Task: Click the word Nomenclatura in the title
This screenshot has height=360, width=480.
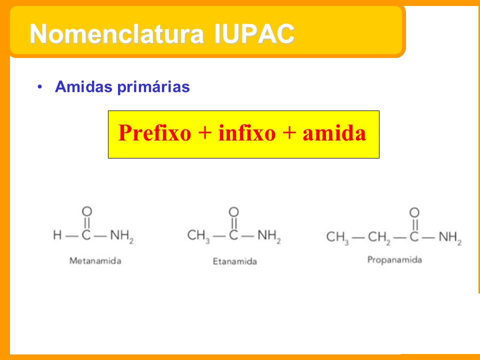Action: point(117,33)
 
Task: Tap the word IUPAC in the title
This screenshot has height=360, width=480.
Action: point(254,33)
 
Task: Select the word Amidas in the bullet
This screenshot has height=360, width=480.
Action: point(83,86)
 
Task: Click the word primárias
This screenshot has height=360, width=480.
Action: point(153,87)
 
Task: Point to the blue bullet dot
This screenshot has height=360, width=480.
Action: point(40,87)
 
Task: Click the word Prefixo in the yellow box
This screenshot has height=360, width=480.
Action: point(154,133)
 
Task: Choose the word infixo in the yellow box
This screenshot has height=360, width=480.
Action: point(247,133)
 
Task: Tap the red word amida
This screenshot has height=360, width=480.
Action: point(334,133)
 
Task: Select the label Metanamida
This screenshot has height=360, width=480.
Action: point(95,261)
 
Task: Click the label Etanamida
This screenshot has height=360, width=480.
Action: point(235,261)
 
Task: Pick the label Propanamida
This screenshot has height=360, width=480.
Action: point(394,260)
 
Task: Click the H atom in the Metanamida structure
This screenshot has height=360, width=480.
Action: point(57,235)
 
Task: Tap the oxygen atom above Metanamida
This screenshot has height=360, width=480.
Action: point(87,211)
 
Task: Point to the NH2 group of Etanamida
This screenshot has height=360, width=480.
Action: point(269,236)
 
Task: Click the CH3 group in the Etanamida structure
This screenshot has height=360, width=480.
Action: point(198,236)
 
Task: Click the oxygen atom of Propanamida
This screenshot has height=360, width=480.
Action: point(414,212)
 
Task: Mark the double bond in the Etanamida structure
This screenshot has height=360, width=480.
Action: point(234,223)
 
